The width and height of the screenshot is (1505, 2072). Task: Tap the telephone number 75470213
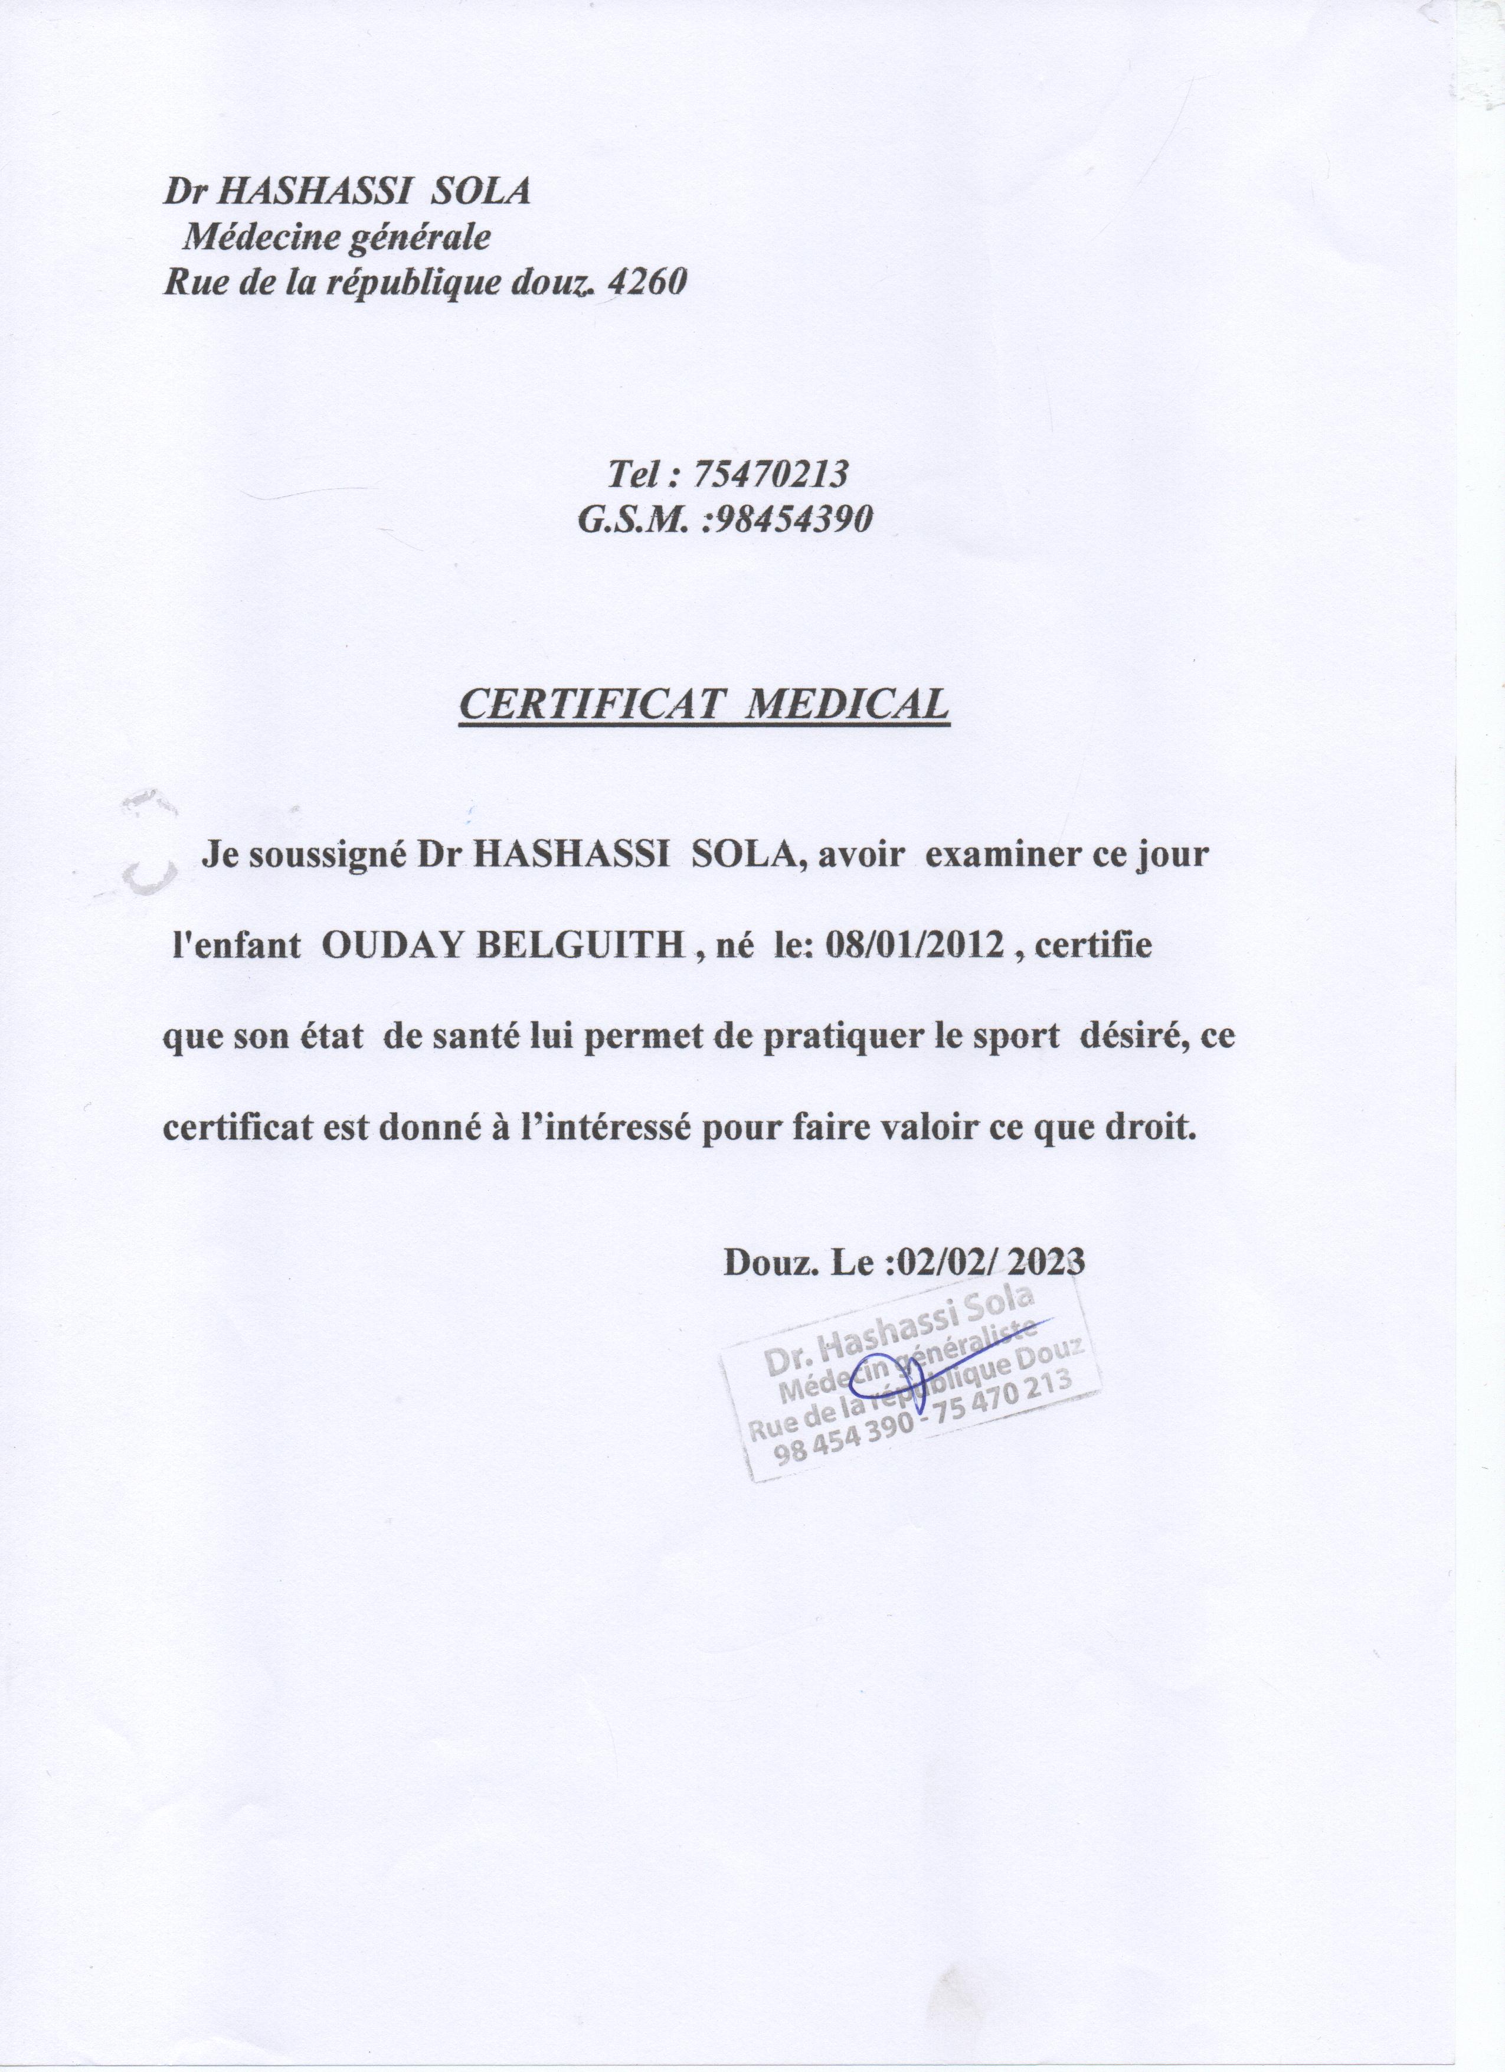click(771, 474)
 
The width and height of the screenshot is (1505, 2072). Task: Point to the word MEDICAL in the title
click(848, 704)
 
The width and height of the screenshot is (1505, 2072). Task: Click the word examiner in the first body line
click(1002, 855)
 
